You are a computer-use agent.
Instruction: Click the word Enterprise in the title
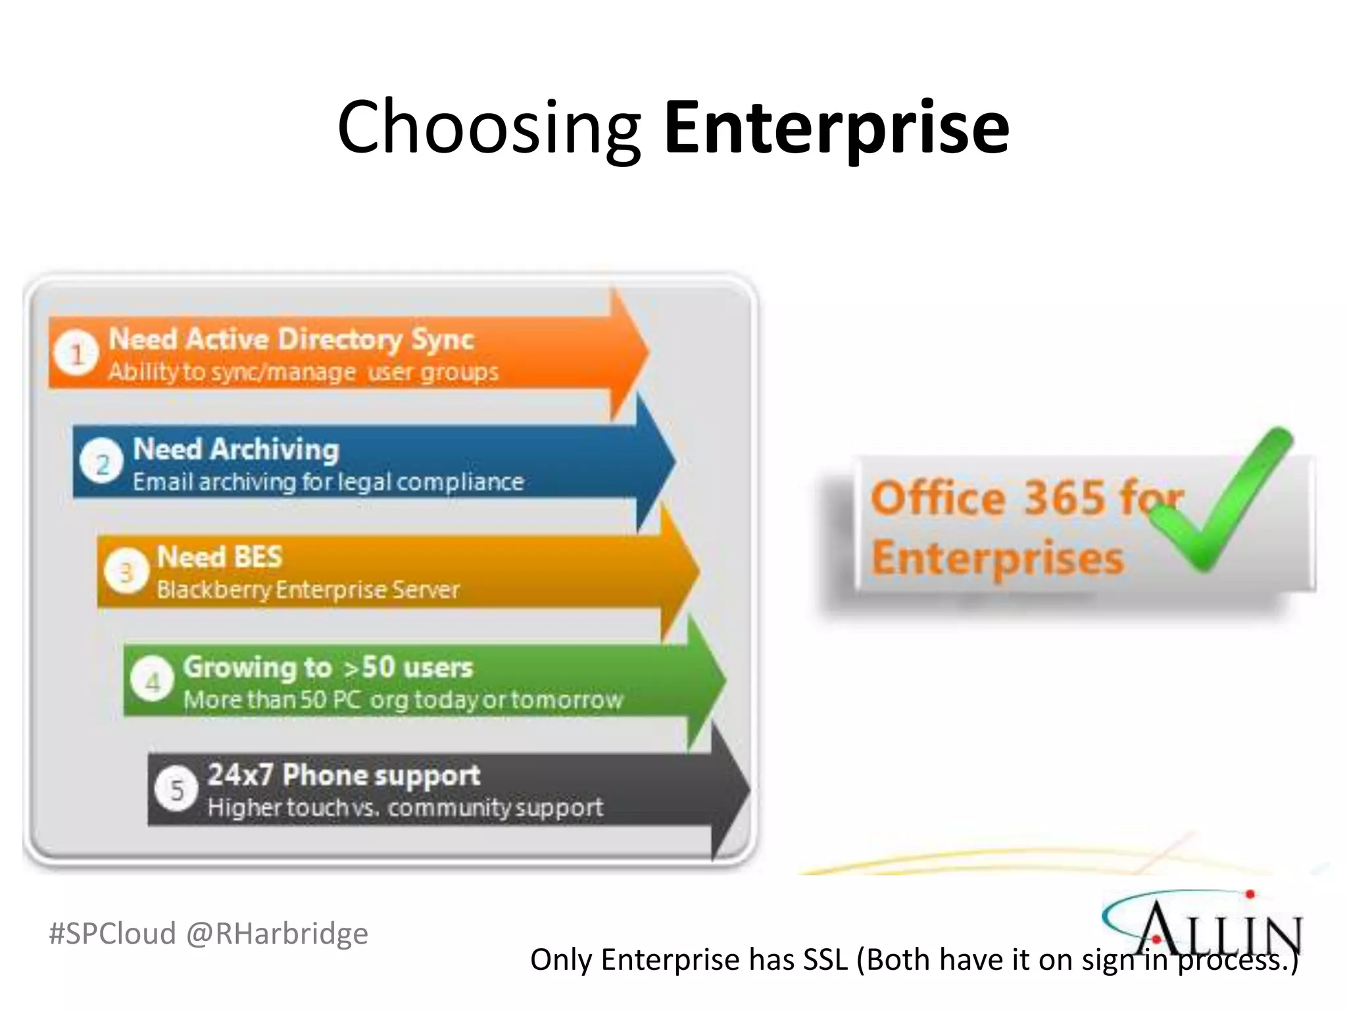click(837, 128)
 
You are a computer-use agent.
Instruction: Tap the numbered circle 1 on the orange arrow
click(76, 353)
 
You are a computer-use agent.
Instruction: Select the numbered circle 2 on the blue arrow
click(101, 464)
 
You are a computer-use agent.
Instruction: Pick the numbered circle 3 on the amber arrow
click(126, 572)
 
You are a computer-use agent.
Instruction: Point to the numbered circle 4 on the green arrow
click(152, 681)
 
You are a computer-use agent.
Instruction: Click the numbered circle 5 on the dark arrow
click(176, 789)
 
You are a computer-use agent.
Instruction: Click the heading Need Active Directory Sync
click(291, 340)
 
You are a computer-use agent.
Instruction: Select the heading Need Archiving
click(236, 450)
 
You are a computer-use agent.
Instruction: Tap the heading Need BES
click(220, 558)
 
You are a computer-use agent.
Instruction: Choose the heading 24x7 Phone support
click(344, 775)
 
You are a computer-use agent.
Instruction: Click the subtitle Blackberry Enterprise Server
click(308, 590)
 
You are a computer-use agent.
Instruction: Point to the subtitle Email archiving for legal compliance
click(328, 482)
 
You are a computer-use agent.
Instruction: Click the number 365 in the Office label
click(1064, 498)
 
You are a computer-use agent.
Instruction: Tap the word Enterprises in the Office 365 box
click(997, 559)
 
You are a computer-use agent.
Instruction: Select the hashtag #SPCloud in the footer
click(112, 934)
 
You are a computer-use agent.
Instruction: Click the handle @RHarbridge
click(277, 934)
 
